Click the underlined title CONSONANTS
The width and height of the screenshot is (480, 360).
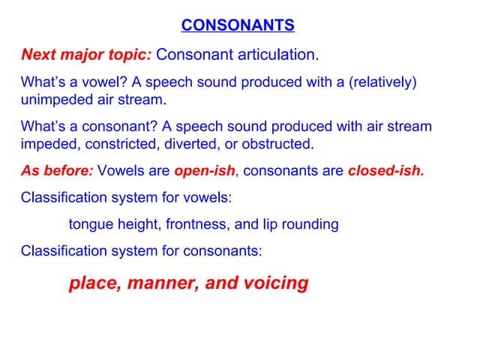click(x=238, y=26)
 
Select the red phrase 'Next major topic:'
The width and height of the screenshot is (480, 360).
click(x=85, y=55)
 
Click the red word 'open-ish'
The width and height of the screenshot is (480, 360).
click(x=205, y=170)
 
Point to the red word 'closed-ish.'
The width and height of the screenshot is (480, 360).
click(x=386, y=170)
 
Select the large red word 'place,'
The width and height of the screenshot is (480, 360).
click(x=94, y=283)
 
